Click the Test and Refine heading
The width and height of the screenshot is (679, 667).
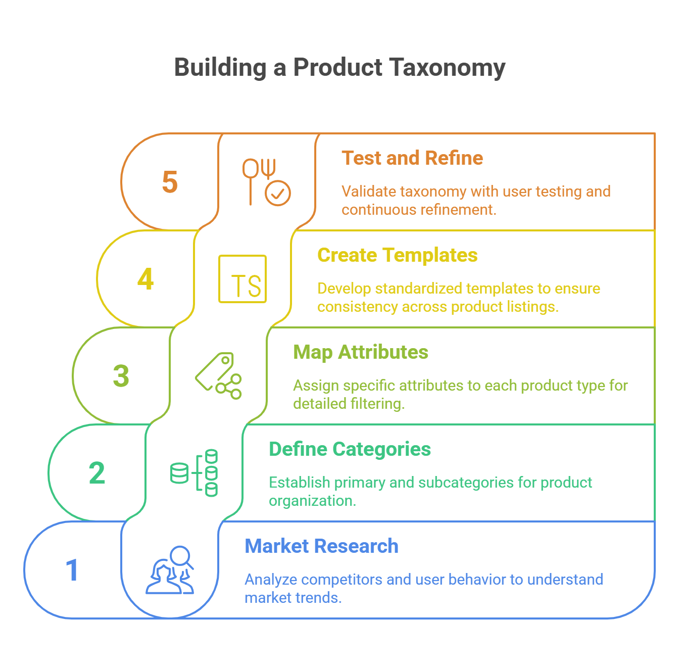(409, 159)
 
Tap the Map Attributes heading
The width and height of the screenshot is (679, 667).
(361, 352)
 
